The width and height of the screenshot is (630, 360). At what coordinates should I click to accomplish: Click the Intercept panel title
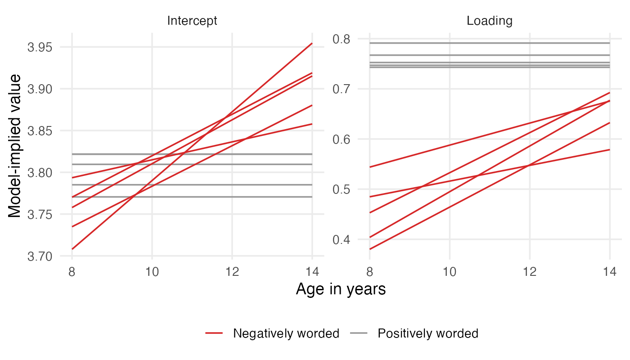pyautogui.click(x=192, y=21)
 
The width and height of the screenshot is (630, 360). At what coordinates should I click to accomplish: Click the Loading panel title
pyautogui.click(x=490, y=21)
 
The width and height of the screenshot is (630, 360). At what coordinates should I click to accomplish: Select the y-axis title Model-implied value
pyautogui.click(x=14, y=146)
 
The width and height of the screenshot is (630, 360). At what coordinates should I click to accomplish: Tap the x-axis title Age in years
pyautogui.click(x=341, y=289)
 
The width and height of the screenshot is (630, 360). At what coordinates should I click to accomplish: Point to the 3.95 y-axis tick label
pyautogui.click(x=40, y=47)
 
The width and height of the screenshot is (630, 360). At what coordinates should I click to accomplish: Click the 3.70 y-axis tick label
pyautogui.click(x=40, y=256)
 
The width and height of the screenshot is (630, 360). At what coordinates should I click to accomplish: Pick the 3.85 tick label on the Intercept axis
pyautogui.click(x=40, y=131)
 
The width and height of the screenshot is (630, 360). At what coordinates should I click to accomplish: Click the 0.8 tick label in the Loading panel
pyautogui.click(x=341, y=39)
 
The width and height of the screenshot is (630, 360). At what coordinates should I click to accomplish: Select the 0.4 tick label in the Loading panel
pyautogui.click(x=341, y=239)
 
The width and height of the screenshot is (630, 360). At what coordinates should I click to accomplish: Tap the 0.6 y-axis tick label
pyautogui.click(x=341, y=139)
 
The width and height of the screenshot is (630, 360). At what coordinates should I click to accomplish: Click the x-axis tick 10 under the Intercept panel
pyautogui.click(x=152, y=272)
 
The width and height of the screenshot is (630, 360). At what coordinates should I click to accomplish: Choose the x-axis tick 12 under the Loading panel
pyautogui.click(x=530, y=272)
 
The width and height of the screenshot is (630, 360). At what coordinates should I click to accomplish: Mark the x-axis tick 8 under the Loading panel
pyautogui.click(x=369, y=272)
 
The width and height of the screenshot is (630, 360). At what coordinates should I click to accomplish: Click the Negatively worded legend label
pyautogui.click(x=286, y=333)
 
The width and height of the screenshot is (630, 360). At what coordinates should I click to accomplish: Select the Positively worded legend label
pyautogui.click(x=428, y=333)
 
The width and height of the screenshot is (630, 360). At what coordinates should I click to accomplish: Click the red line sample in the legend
pyautogui.click(x=214, y=333)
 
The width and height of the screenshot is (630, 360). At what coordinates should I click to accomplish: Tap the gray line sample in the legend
pyautogui.click(x=359, y=333)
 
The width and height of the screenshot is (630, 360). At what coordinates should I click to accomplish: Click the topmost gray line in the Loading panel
pyautogui.click(x=490, y=43)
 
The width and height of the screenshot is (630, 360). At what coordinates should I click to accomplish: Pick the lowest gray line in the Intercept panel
pyautogui.click(x=192, y=197)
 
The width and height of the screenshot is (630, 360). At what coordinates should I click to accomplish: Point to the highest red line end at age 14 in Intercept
pyautogui.click(x=312, y=43)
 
